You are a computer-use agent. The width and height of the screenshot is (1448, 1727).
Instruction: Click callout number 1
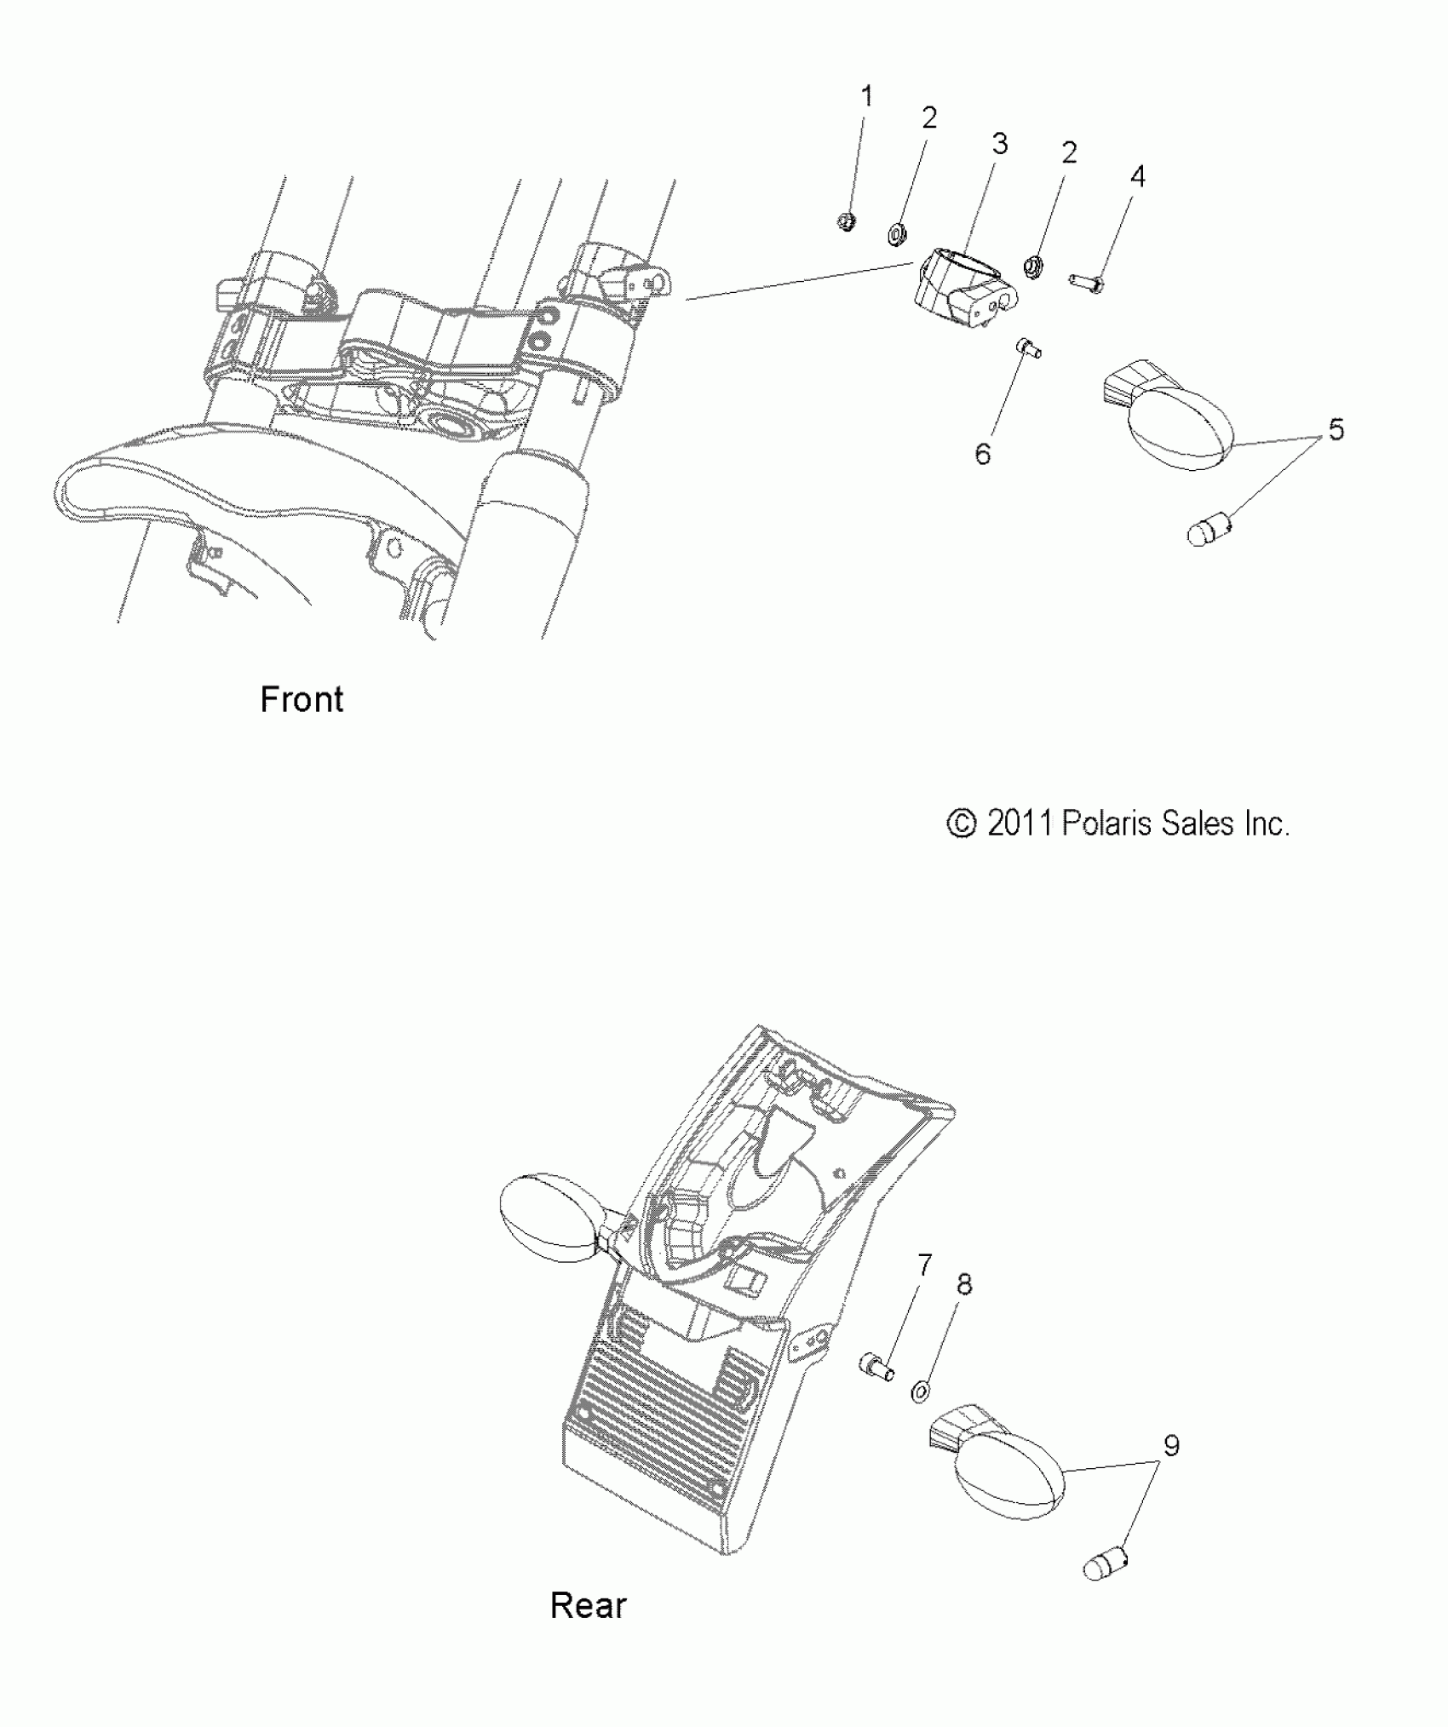[867, 97]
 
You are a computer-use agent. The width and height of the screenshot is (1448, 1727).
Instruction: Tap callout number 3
[999, 145]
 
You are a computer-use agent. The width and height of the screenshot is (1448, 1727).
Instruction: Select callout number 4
[1137, 176]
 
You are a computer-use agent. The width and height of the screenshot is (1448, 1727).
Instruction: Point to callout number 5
[1336, 429]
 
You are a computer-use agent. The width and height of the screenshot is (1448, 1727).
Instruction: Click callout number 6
[983, 454]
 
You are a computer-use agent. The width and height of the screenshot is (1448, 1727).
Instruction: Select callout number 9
[1171, 1445]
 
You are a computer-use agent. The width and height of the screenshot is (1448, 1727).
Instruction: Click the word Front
[302, 699]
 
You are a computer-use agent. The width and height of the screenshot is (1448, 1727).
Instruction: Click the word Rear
[588, 1605]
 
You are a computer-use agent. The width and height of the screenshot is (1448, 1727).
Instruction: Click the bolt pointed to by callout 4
[1087, 281]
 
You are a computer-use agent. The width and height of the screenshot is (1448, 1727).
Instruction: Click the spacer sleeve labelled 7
[876, 1366]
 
